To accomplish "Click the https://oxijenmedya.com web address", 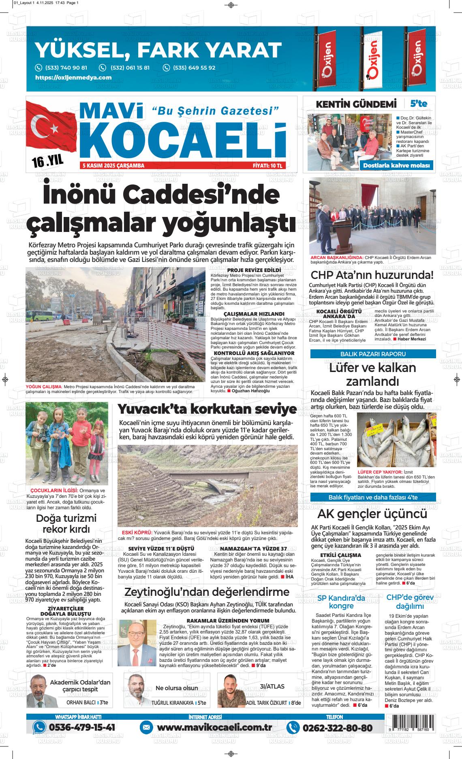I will click(73, 78).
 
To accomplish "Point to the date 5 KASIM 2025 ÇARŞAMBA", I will click(113, 166).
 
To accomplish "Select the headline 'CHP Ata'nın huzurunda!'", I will click(372, 275).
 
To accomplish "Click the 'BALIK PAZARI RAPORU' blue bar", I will click(373, 354).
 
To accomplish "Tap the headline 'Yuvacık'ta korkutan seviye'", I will click(207, 409).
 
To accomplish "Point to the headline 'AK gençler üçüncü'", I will click(372, 514).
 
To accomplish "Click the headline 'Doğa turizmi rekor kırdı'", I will click(66, 524).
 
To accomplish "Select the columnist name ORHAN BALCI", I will click(81, 703).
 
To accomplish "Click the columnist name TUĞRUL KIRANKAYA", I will click(172, 703).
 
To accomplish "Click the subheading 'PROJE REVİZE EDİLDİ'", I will click(254, 270).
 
